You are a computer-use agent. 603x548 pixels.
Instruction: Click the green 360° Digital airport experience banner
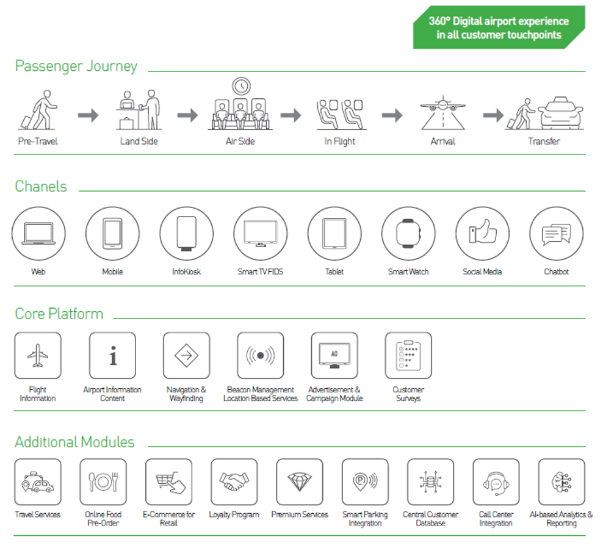[499, 27]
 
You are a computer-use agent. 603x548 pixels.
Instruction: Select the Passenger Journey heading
[76, 66]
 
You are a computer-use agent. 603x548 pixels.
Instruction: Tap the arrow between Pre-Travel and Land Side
[88, 115]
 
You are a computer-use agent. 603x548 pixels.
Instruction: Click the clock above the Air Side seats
[241, 86]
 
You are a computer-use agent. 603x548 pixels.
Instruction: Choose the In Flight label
[339, 142]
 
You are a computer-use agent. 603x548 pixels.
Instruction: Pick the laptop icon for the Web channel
[38, 234]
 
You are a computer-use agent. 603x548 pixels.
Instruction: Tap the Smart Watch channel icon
[408, 234]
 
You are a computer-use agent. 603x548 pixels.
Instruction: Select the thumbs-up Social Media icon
[483, 231]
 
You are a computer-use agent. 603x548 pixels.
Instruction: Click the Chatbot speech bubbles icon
[557, 234]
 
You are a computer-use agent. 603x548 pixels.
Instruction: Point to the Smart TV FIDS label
[261, 272]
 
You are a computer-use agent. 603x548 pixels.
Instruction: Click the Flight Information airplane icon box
[38, 356]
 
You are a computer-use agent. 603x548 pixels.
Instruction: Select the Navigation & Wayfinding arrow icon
[187, 356]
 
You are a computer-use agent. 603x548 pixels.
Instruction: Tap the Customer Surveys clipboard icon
[408, 356]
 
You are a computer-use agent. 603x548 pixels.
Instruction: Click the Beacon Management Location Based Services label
[261, 394]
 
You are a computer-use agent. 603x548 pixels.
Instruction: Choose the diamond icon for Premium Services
[300, 481]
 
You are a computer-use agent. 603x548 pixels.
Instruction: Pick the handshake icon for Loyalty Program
[234, 481]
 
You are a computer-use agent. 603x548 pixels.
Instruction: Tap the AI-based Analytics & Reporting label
[561, 519]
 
